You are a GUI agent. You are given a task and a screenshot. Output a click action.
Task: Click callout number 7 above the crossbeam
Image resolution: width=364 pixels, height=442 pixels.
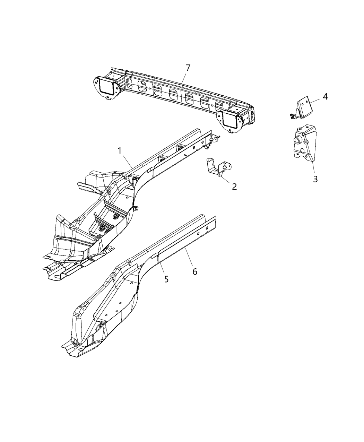(188, 68)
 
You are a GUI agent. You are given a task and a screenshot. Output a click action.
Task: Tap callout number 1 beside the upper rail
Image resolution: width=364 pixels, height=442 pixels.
(119, 151)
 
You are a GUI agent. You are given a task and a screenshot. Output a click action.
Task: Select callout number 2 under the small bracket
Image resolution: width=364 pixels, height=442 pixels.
(234, 187)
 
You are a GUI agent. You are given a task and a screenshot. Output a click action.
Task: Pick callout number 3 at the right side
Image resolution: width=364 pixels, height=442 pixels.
(315, 179)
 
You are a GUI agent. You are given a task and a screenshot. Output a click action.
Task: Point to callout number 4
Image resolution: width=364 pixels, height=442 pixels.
(325, 96)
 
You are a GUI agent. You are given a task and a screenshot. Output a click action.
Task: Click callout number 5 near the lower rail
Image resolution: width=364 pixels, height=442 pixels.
(166, 279)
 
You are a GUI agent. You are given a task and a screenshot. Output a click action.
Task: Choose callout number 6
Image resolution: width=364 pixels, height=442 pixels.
(195, 272)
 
